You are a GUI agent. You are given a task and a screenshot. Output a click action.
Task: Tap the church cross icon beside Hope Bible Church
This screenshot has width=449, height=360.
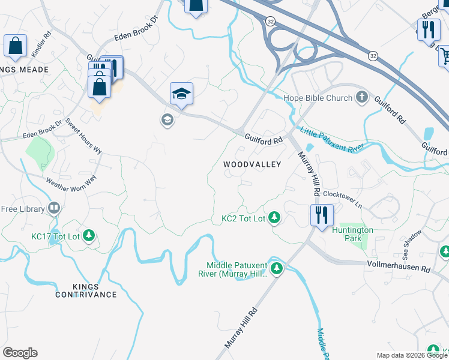[x=361, y=97]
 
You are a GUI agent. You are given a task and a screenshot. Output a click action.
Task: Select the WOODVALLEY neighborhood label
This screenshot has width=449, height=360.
[x=252, y=164]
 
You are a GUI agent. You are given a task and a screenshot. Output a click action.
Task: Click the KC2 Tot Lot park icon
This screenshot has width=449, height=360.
[x=274, y=217]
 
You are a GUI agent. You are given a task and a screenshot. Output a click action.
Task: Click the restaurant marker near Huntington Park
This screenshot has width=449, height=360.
[x=322, y=215]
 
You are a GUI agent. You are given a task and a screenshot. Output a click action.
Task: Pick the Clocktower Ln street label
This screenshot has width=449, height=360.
[x=343, y=199]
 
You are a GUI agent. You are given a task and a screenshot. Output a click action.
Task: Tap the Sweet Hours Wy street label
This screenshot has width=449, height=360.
[x=83, y=137]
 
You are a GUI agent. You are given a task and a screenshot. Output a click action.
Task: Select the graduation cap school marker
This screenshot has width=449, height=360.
[x=181, y=94]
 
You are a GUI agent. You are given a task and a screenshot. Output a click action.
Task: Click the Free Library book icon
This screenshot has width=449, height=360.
[x=54, y=209]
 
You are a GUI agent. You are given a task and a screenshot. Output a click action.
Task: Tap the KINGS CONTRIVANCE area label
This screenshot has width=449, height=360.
[x=86, y=289]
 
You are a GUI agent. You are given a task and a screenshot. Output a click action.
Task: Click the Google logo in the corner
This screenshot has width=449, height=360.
[x=20, y=353]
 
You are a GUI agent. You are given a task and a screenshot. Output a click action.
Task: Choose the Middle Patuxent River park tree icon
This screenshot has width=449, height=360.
[x=277, y=268]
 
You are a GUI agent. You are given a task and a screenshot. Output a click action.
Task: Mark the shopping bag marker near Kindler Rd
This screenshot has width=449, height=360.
[x=15, y=46]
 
